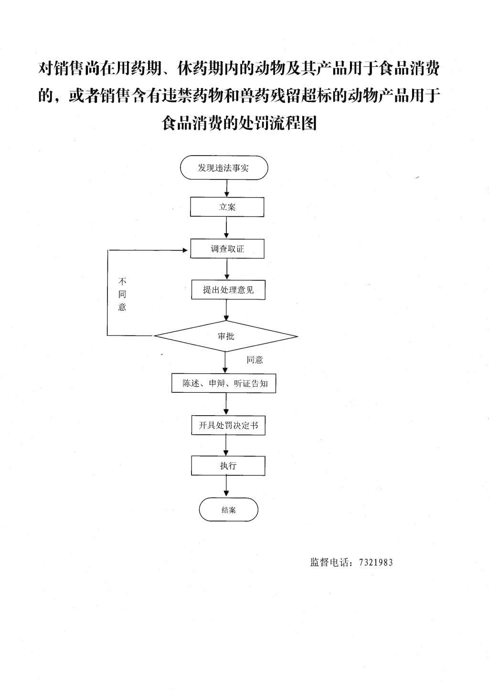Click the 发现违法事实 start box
pos(224,168)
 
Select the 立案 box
pos(227,207)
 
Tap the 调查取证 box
pos(227,248)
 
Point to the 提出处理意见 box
pos(228,289)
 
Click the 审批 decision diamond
pos(226,336)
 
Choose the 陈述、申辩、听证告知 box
pos(223,383)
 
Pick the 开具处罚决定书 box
pos(228,425)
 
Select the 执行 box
pos(228,465)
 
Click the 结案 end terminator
pos(228,509)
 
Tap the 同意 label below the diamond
pos(255,360)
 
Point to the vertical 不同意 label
pos(122,294)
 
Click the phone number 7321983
pos(376,562)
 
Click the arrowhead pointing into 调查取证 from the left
pos(185,250)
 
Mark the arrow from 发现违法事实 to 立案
pos(227,188)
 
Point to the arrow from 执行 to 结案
pos(227,486)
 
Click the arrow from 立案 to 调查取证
pos(227,228)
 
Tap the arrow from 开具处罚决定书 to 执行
pos(226,445)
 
